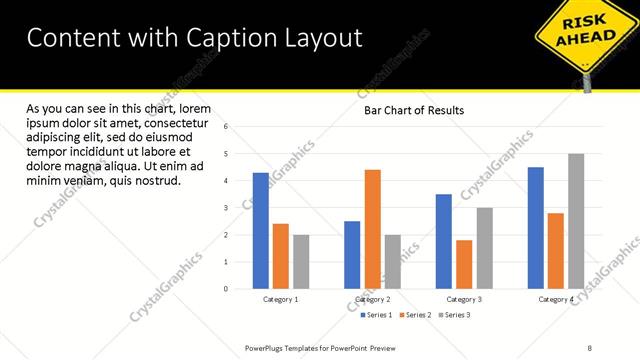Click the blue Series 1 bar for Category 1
click(x=261, y=231)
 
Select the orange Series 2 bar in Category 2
click(x=372, y=229)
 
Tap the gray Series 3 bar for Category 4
click(x=575, y=221)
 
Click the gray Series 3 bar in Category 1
click(x=301, y=262)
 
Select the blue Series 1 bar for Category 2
click(x=352, y=255)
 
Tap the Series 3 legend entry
click(x=454, y=315)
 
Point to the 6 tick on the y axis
click(x=226, y=127)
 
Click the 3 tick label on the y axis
click(x=226, y=208)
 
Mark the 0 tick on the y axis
click(x=226, y=289)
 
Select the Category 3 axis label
click(x=464, y=299)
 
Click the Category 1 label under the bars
click(x=281, y=299)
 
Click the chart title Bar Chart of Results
click(x=413, y=110)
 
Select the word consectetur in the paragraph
click(x=173, y=123)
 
